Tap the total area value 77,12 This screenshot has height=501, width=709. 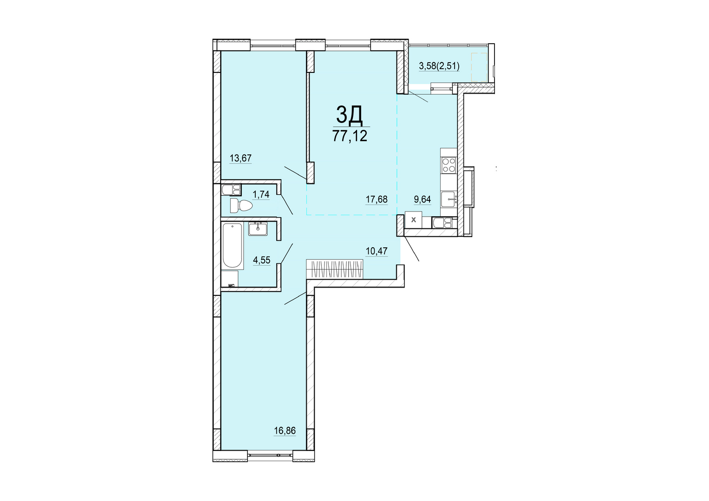point(350,136)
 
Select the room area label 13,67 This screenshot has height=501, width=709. point(241,158)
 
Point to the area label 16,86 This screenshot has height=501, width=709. point(285,430)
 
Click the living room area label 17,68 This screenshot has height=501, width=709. point(377,199)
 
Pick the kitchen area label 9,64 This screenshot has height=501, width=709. point(423,199)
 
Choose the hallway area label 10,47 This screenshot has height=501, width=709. point(377,251)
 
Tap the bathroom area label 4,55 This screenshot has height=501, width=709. point(261,260)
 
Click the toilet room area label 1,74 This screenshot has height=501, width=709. point(261,194)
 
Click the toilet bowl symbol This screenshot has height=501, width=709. point(241,206)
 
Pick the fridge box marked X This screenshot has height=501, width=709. point(413,220)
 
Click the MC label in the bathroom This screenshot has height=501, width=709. point(231,285)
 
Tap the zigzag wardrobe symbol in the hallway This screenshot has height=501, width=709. point(335,269)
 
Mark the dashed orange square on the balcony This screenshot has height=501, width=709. point(479,67)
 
